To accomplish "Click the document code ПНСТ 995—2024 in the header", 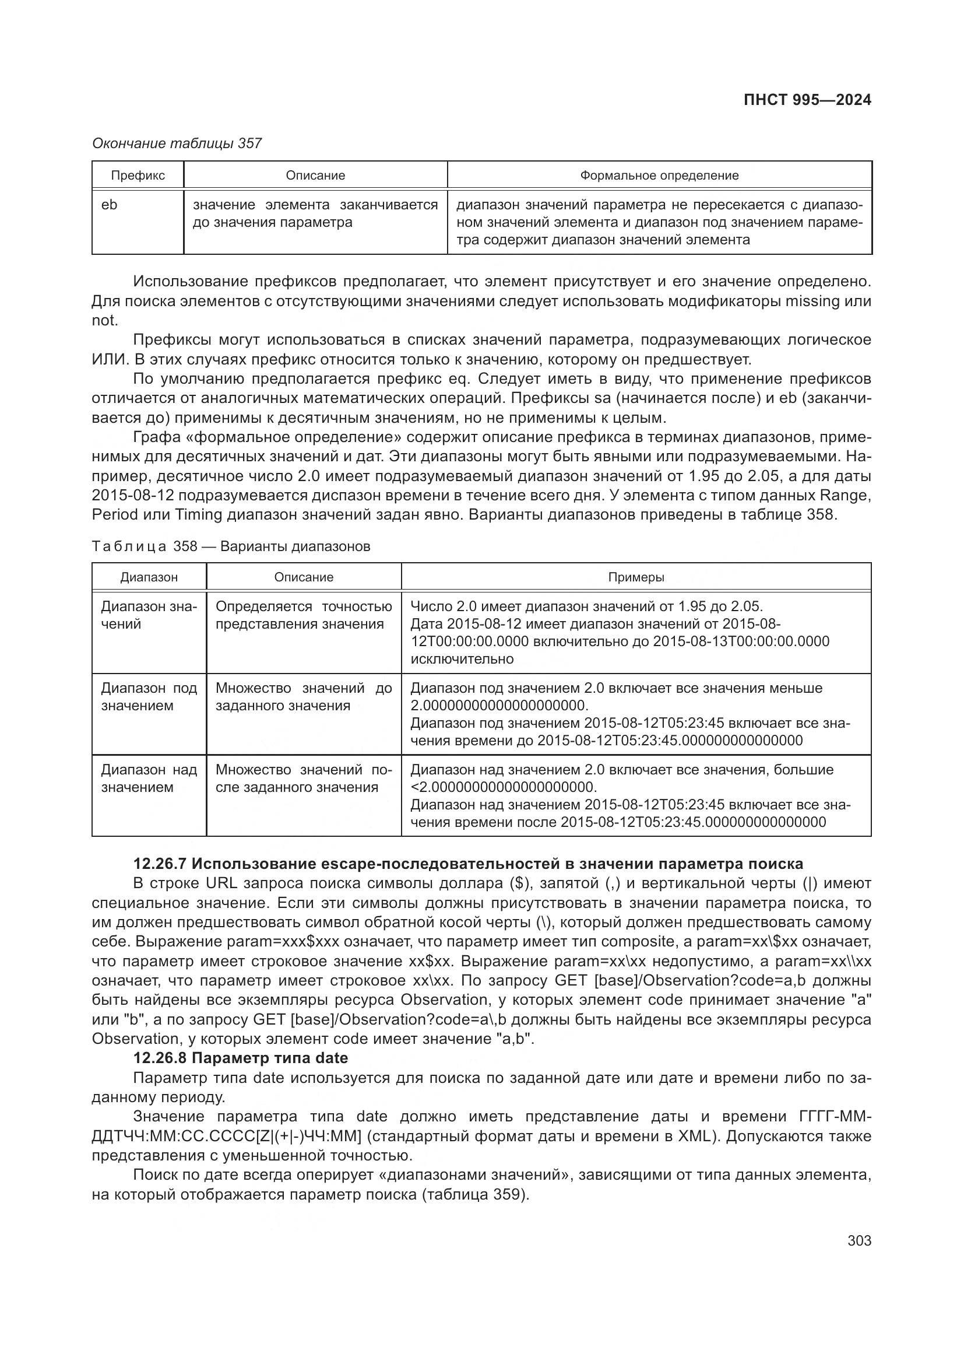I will click(807, 100).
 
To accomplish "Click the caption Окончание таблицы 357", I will click(176, 143).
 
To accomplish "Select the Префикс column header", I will click(138, 176).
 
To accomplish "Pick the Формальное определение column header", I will click(659, 176).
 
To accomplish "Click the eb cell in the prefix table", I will click(109, 205).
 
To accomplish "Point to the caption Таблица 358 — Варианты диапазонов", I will click(231, 546).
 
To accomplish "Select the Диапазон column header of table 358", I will click(149, 577).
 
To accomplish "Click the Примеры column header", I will click(636, 577).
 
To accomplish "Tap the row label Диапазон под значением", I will click(149, 697).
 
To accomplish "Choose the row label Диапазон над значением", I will click(149, 779).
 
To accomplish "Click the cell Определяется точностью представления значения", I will click(303, 615).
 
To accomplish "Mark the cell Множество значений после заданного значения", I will click(303, 779).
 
